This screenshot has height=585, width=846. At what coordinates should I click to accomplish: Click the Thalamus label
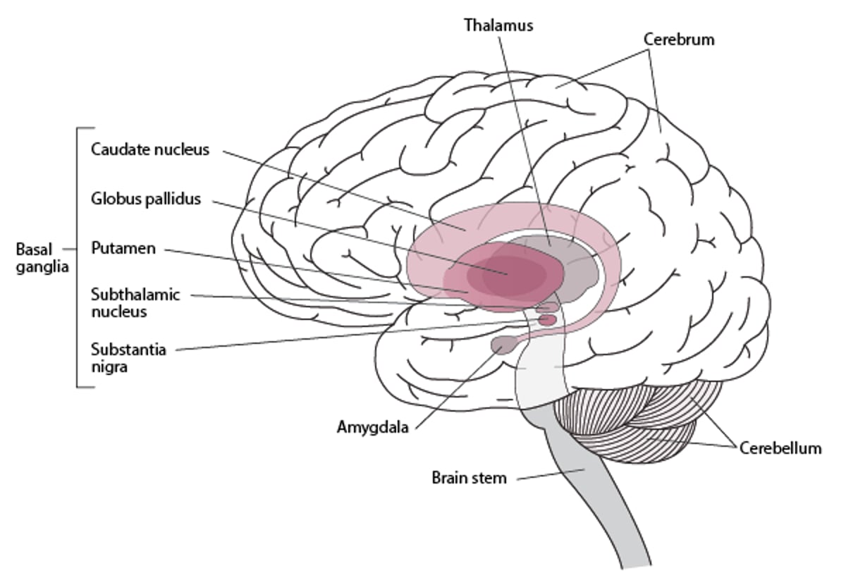498,25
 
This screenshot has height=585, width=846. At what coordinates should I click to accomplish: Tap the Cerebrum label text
679,39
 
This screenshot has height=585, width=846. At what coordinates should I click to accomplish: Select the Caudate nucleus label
150,149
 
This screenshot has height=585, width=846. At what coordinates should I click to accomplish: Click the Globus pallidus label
146,199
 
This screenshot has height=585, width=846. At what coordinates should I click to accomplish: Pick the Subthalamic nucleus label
135,302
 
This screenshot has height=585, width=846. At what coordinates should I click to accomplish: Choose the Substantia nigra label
128,357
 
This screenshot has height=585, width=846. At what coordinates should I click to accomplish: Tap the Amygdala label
373,426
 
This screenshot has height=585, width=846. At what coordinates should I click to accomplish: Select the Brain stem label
469,478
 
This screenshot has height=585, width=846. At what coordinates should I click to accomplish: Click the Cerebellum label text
780,448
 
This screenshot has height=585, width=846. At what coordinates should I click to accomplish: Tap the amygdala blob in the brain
504,345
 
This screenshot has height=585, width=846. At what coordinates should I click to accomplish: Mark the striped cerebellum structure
634,423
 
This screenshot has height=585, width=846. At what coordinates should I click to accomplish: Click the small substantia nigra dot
547,320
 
